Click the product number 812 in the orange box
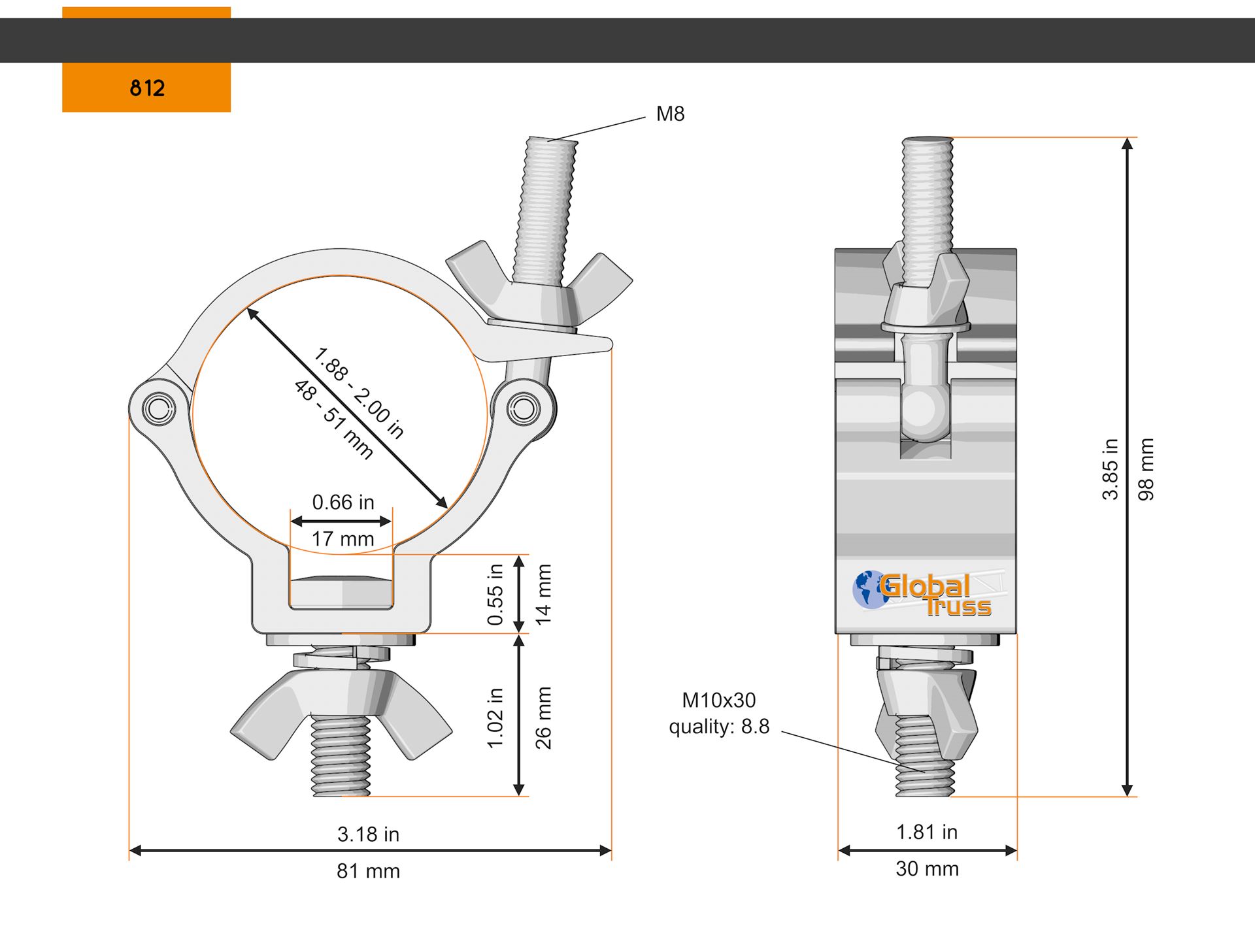coord(147,88)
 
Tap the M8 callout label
coord(670,114)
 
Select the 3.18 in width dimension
coord(368,834)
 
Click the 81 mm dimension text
coord(368,871)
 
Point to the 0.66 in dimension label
coord(343,502)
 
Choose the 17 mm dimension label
coord(343,539)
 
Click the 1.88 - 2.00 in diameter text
coord(359,392)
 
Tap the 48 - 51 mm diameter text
coord(333,420)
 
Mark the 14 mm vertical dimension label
coord(544,595)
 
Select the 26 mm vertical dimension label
coord(544,718)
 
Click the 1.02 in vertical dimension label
coord(495,718)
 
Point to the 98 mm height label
coord(1146,469)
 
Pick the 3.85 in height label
coord(1111,469)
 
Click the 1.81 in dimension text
coord(927,832)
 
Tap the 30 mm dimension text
coord(927,868)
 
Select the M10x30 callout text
coord(718,701)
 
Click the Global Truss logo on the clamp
coord(929,593)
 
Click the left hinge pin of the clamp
coord(159,409)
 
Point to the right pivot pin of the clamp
coord(524,409)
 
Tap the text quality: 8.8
coord(719,727)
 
